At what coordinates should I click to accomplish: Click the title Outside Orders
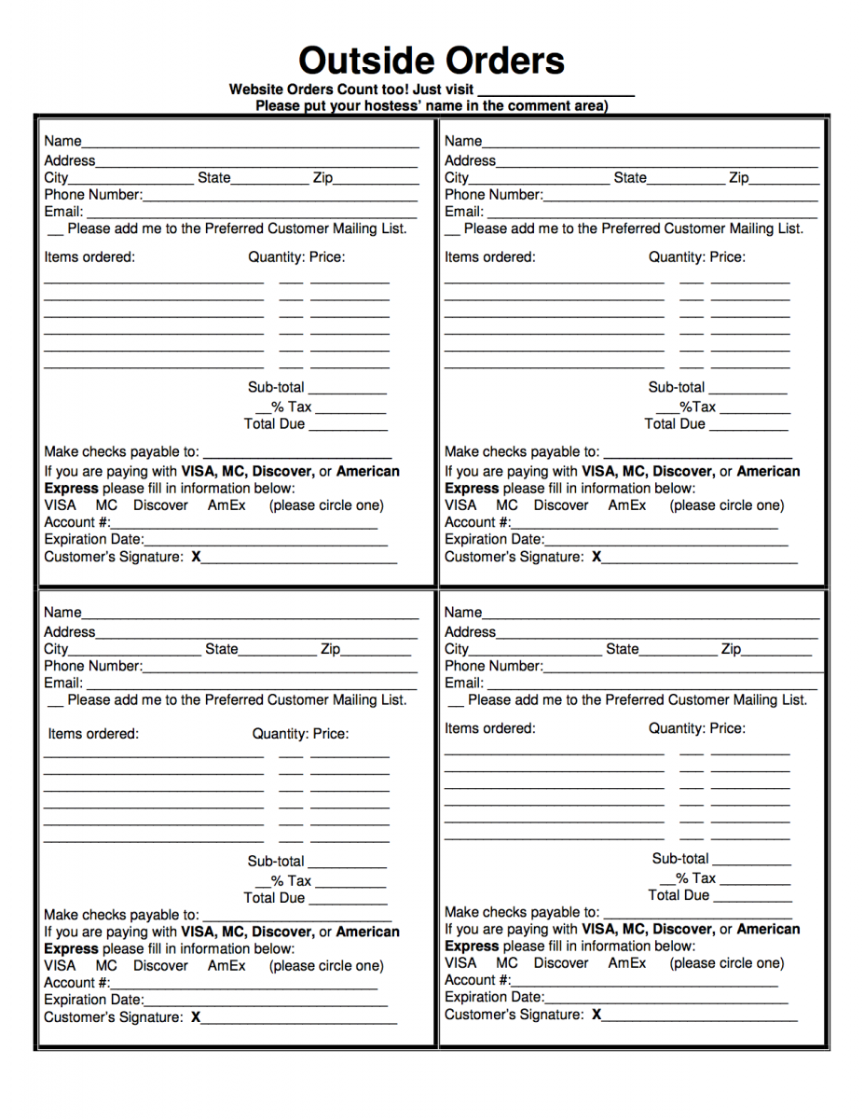(x=432, y=61)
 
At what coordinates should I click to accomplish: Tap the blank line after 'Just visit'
(x=555, y=91)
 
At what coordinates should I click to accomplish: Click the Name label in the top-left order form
(x=62, y=142)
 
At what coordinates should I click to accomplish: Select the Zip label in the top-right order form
(x=738, y=178)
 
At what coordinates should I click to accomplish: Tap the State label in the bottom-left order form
(x=222, y=649)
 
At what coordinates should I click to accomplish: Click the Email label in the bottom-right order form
(x=463, y=684)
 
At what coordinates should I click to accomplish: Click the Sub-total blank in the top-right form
(x=747, y=389)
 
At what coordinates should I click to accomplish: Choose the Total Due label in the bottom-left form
(x=274, y=898)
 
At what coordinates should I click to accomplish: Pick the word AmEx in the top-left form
(x=226, y=505)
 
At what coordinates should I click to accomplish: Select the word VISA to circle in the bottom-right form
(x=460, y=963)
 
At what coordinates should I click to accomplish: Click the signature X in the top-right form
(x=597, y=558)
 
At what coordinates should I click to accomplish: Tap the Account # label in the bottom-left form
(x=76, y=983)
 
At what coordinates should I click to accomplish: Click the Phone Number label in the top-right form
(x=493, y=195)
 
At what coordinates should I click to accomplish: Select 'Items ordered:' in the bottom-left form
(x=93, y=734)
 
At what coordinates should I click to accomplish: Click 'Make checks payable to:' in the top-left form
(x=121, y=452)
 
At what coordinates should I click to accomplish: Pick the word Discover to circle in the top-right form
(x=561, y=505)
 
